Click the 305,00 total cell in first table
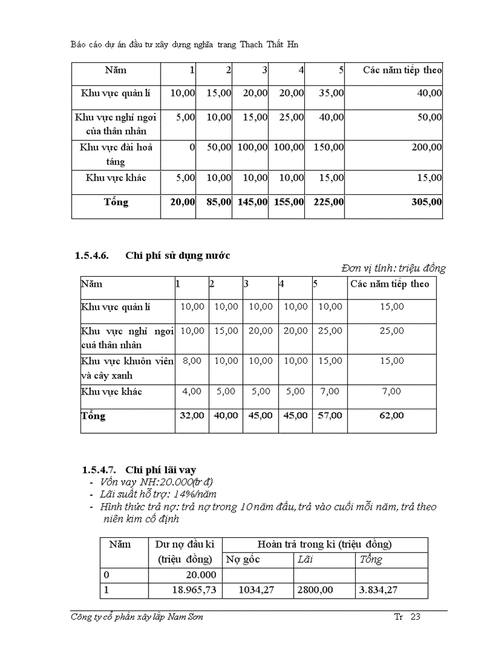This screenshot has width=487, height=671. tap(427, 203)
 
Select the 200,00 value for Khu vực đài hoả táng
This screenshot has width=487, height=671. tap(427, 147)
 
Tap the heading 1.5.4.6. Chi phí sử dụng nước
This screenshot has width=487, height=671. tap(153, 256)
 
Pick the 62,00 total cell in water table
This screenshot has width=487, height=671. tap(392, 415)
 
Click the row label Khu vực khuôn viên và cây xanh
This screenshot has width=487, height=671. tap(127, 368)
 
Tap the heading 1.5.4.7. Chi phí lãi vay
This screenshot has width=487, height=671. tap(140, 470)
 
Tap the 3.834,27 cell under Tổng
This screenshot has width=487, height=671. tap(378, 590)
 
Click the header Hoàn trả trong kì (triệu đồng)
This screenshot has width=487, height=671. tap(324, 544)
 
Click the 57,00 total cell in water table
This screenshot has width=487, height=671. tap(329, 415)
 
